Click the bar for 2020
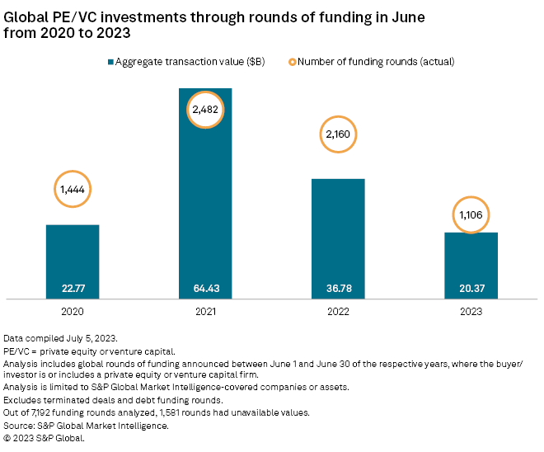click(73, 256)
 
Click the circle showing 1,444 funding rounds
click(73, 190)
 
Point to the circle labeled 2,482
click(205, 108)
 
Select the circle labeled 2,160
click(338, 133)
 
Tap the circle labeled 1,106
click(471, 215)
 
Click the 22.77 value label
click(73, 288)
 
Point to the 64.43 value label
click(205, 288)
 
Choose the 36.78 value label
click(338, 288)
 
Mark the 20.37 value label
click(471, 288)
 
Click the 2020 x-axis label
click(73, 313)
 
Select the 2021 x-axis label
click(205, 313)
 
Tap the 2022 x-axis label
click(338, 313)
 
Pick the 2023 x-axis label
click(471, 313)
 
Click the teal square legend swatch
click(110, 61)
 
